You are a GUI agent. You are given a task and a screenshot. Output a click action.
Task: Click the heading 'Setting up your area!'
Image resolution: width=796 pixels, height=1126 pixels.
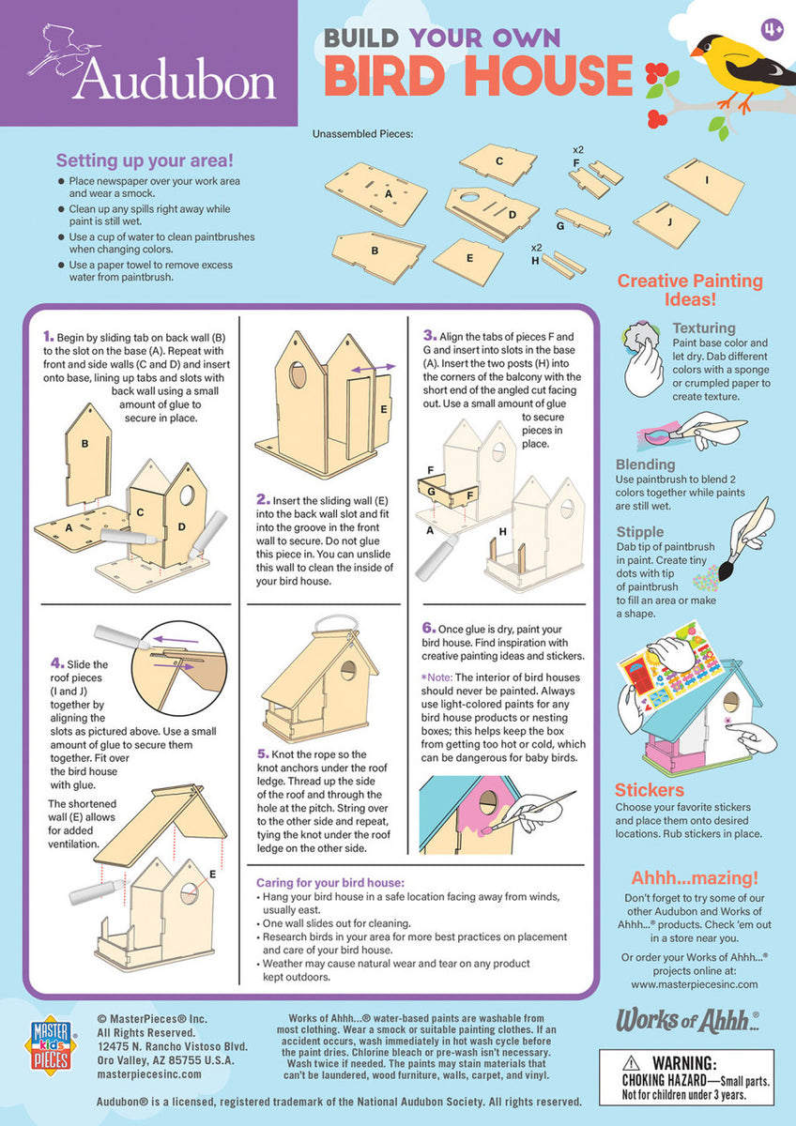point(145,160)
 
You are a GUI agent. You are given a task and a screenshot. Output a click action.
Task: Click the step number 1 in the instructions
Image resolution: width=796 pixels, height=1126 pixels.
point(47,336)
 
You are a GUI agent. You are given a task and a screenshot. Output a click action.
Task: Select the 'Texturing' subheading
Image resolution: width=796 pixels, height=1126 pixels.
point(704,328)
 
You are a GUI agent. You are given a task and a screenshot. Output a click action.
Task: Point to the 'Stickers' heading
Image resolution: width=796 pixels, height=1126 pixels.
point(650,790)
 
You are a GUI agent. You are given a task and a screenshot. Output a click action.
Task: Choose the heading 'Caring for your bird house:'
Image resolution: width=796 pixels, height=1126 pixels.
point(329,883)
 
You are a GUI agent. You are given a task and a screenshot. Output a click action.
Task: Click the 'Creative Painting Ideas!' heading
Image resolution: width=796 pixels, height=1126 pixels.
point(690,290)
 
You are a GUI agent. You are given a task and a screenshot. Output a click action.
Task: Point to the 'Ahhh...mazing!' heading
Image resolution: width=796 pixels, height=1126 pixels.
point(694,878)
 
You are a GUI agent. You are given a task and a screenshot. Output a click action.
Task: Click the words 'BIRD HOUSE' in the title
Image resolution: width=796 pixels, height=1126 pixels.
point(478,76)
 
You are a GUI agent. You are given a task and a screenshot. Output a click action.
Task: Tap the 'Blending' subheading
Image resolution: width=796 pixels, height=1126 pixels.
point(645,464)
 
